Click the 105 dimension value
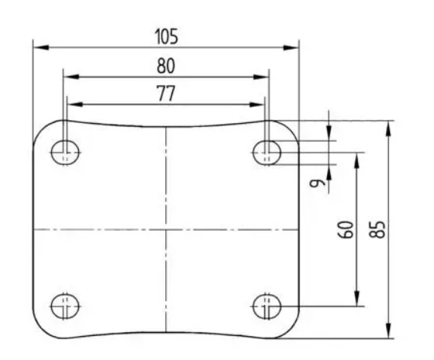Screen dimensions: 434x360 click(x=166, y=36)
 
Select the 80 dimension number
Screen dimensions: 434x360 click(x=166, y=67)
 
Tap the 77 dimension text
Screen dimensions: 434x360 click(x=166, y=94)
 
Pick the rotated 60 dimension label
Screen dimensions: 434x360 click(x=346, y=229)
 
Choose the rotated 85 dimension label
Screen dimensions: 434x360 click(x=377, y=229)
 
